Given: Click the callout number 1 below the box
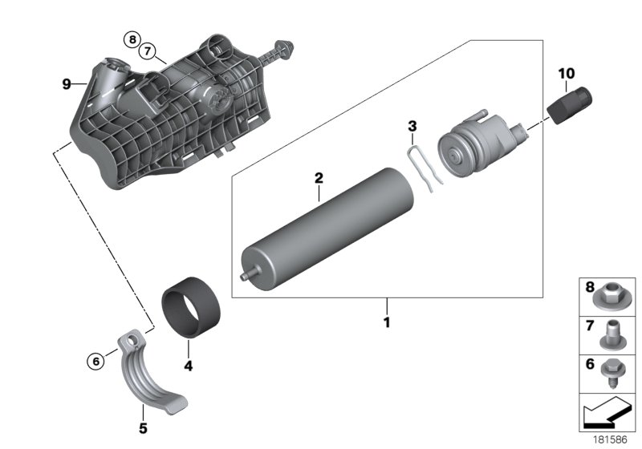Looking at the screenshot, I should pyautogui.click(x=386, y=323).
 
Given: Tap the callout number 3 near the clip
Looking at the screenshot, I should pyautogui.click(x=412, y=126).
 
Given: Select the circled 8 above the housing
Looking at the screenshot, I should pyautogui.click(x=132, y=38).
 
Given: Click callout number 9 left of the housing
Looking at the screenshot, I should pyautogui.click(x=67, y=83).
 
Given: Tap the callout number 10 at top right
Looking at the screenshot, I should pyautogui.click(x=567, y=74).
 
